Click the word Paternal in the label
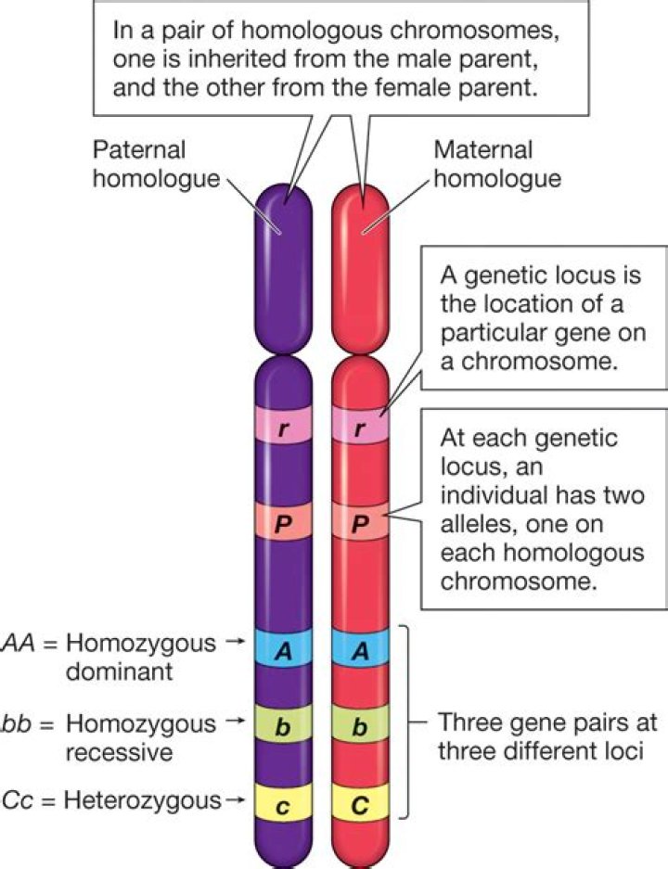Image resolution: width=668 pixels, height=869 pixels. click(x=139, y=149)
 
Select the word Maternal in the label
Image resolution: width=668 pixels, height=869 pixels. click(x=482, y=149)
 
